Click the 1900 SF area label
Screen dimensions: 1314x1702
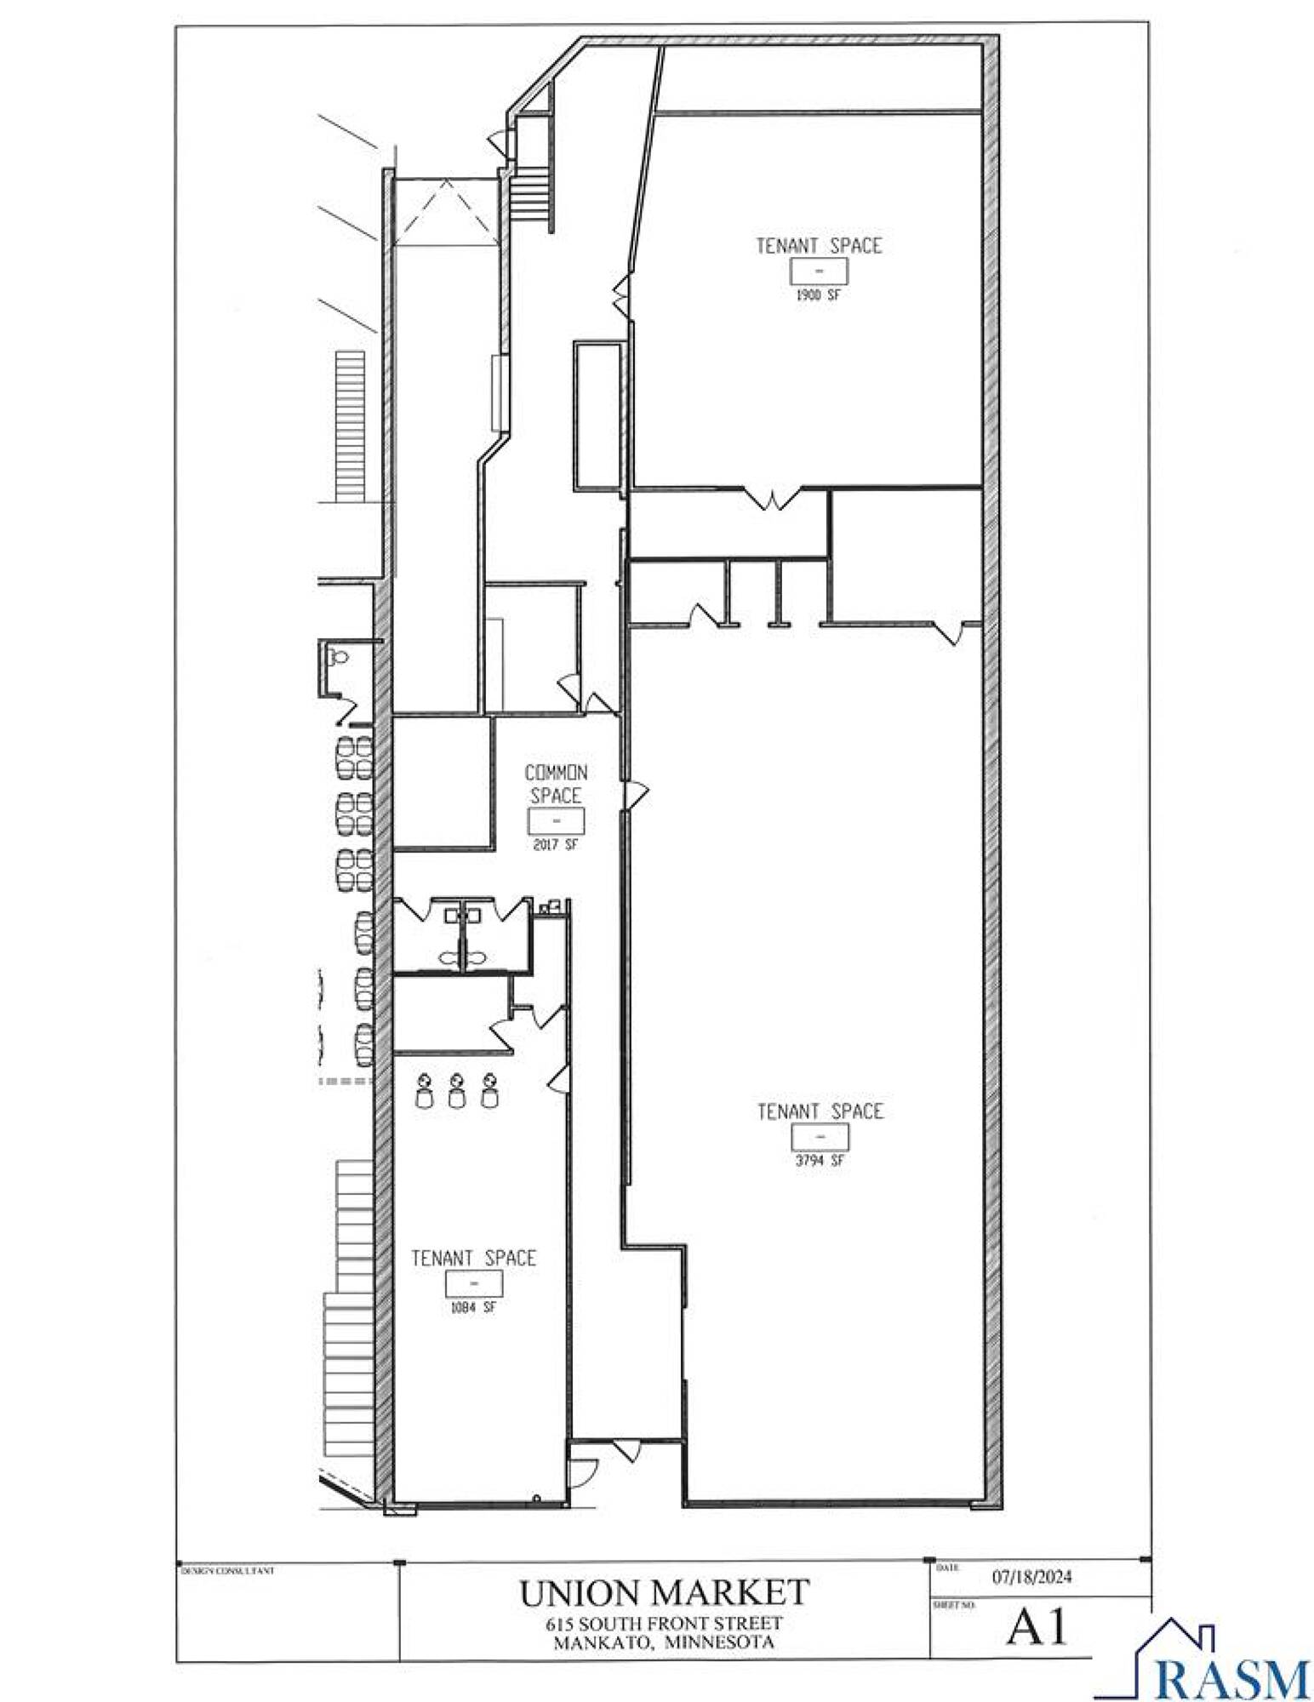tap(819, 295)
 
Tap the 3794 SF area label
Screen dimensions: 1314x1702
tap(820, 1160)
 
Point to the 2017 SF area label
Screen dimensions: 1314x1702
tap(556, 845)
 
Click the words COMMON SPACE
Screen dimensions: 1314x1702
tap(556, 784)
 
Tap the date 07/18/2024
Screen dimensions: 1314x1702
tap(1032, 1577)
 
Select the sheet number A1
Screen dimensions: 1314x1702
tap(1037, 1628)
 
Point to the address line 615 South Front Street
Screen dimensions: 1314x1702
tap(665, 1623)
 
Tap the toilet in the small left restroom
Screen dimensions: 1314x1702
tap(340, 657)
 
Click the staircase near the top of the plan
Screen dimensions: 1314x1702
tap(532, 195)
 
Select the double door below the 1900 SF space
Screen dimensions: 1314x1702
tap(772, 499)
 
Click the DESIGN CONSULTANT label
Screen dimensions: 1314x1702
tap(227, 1571)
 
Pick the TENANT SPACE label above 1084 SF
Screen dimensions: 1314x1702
tap(473, 1258)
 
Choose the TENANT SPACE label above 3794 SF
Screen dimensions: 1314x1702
tap(820, 1111)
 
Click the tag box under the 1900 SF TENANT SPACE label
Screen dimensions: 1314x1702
tap(819, 271)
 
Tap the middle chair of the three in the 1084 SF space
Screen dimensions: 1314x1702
tap(457, 1090)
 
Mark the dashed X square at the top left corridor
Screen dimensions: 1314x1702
tap(446, 212)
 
